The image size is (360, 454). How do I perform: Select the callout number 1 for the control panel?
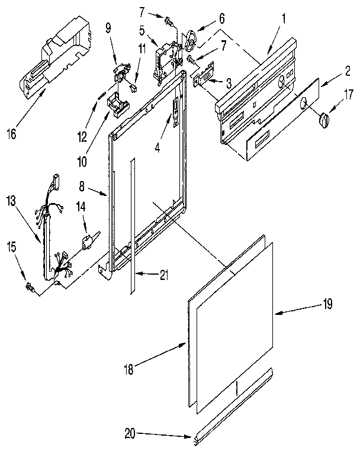click(284, 18)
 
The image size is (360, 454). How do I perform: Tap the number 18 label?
click(128, 370)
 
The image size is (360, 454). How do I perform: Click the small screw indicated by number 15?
click(28, 288)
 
